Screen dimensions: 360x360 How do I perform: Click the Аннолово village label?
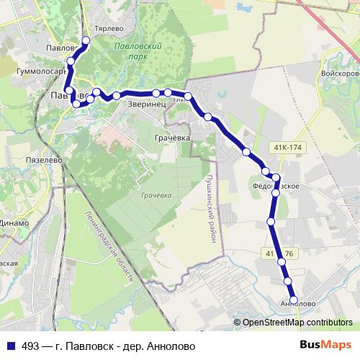point(295,305)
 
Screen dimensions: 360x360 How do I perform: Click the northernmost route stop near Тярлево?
point(86,40)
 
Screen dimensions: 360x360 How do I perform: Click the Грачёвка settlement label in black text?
point(172,137)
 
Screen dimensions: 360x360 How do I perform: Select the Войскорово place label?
point(341,73)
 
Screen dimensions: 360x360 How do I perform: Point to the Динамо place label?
point(14,223)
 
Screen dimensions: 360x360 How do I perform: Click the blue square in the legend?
point(12,346)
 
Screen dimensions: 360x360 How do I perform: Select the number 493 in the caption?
point(30,346)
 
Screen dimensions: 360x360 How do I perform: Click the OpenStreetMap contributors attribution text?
point(297,322)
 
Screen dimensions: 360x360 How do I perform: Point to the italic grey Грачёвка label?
point(156,195)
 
